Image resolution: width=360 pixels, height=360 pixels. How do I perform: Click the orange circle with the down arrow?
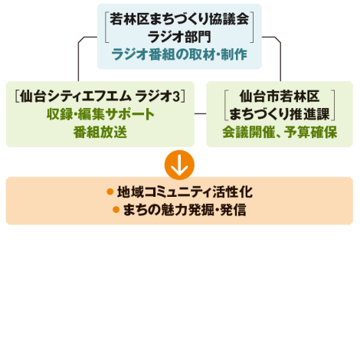pos(179,165)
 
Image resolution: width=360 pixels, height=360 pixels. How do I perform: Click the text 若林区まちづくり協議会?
pos(179,19)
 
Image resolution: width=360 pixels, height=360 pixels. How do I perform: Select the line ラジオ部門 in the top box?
pos(179,37)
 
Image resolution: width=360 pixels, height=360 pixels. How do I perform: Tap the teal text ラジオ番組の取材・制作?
pos(179,54)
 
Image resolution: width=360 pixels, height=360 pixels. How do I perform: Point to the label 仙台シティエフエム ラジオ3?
pos(100,97)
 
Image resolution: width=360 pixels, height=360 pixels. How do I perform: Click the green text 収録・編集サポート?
pos(100,114)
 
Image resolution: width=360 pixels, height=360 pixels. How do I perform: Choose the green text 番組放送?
pos(100,132)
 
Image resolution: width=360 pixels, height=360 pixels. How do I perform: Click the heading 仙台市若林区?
pos(280,97)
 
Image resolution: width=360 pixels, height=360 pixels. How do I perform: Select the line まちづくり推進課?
pos(280,114)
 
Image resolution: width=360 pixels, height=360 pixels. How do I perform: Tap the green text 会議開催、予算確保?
pos(280,132)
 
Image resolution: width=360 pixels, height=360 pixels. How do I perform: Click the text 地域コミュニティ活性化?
pos(185,192)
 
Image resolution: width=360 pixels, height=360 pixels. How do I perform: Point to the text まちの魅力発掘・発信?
pos(185,210)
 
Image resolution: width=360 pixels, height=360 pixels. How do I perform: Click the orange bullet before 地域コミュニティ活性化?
pos(110,191)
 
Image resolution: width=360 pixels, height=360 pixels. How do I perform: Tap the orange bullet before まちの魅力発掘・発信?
pos(116,210)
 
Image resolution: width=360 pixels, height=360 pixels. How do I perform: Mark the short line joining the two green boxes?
pos(200,113)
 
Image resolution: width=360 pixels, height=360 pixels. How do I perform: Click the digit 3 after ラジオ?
pos(177,97)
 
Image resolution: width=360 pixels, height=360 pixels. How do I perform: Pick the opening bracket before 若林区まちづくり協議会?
pos(106,27)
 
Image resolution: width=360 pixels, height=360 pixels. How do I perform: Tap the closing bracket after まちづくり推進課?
pos(333,105)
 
